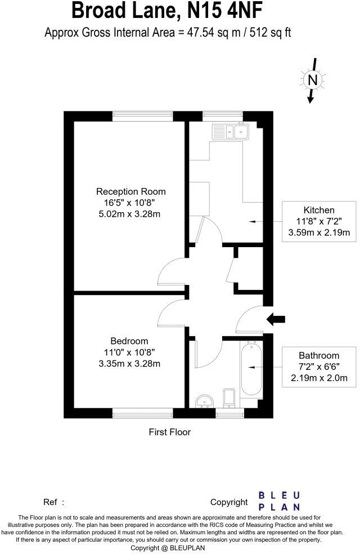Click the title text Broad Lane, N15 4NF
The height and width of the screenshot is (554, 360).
(x=179, y=11)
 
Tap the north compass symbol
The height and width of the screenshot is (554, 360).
(x=313, y=81)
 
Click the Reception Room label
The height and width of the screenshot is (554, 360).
(x=131, y=191)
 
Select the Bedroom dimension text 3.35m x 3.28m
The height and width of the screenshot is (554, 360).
(x=129, y=363)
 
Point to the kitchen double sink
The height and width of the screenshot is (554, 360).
(x=230, y=132)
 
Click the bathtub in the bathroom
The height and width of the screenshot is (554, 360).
(x=250, y=369)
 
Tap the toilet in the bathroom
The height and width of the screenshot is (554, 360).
(x=229, y=397)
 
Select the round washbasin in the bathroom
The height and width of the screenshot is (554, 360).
(x=205, y=401)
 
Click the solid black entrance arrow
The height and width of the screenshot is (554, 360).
(x=275, y=319)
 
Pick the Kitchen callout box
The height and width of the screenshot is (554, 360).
(x=319, y=221)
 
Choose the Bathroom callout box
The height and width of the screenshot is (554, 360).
(x=319, y=367)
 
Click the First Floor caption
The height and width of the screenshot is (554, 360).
(x=169, y=432)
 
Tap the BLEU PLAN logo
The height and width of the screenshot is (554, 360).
(x=279, y=501)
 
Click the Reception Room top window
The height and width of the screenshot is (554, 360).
(x=142, y=115)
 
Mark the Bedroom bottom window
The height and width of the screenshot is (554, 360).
(x=142, y=414)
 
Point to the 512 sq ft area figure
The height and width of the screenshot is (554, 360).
(x=271, y=33)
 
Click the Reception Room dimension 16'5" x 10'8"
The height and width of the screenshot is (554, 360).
(x=131, y=203)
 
